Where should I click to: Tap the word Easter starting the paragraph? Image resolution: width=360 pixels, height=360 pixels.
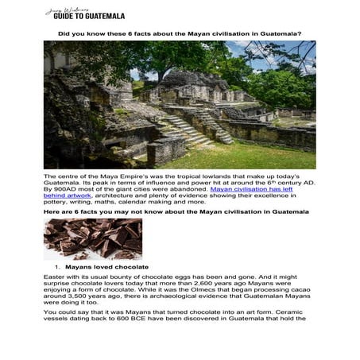tap(55, 275)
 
